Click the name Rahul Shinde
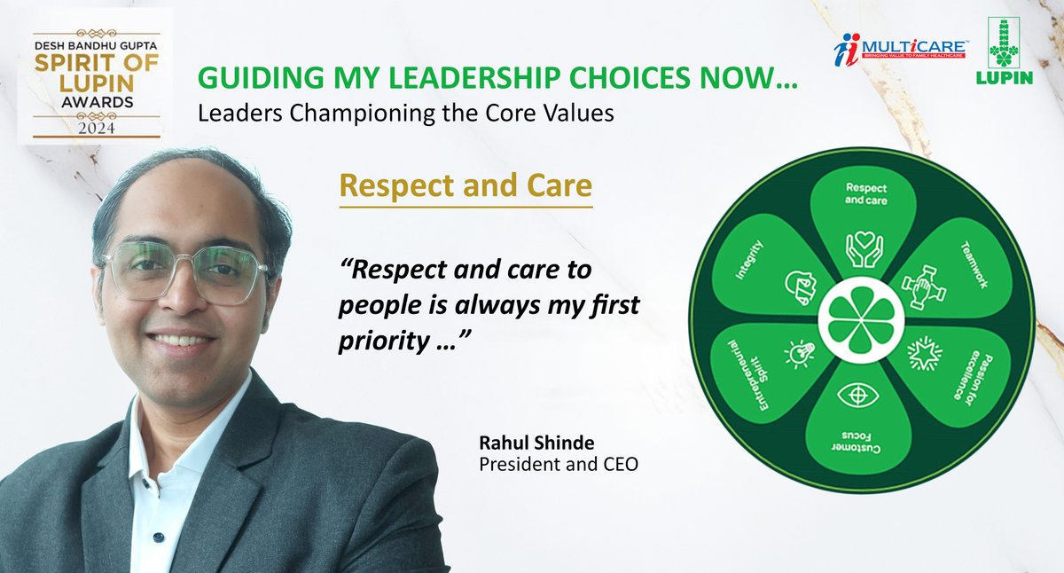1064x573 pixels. pyautogui.click(x=525, y=443)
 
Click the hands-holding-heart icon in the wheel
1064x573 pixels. pyautogui.click(x=857, y=248)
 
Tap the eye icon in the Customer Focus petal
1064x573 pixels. pyautogui.click(x=857, y=394)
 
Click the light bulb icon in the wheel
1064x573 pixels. pyautogui.click(x=794, y=353)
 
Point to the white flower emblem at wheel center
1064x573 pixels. pyautogui.click(x=857, y=318)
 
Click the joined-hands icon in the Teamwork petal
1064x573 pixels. pyautogui.click(x=919, y=285)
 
